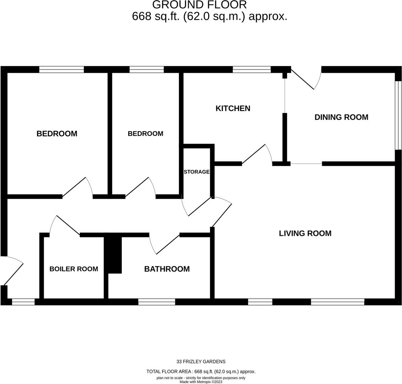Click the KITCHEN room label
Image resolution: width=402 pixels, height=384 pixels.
point(233,108)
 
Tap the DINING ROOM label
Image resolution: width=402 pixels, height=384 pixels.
point(341,117)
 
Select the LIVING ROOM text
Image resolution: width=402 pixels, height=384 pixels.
point(305,234)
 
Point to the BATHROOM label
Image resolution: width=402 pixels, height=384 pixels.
point(166,269)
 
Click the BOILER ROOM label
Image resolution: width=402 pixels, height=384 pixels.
point(74,269)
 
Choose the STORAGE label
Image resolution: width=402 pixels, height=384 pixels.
point(196,172)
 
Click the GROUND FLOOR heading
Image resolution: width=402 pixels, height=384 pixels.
point(199,5)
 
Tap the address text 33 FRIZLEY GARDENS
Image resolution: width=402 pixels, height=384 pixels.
point(201,362)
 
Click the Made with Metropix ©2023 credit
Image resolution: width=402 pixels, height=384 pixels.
point(201,382)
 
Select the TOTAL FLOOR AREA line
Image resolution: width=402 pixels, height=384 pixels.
point(201,372)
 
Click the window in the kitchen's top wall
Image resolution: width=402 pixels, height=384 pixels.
point(252,69)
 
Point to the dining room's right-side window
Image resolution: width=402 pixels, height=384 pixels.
point(399,115)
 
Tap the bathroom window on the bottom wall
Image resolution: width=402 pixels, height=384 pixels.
point(157,302)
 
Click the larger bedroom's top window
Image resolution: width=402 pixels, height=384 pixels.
point(61,69)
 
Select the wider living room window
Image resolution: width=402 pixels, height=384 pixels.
point(337,302)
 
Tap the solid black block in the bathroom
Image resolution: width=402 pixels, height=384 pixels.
point(115,255)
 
